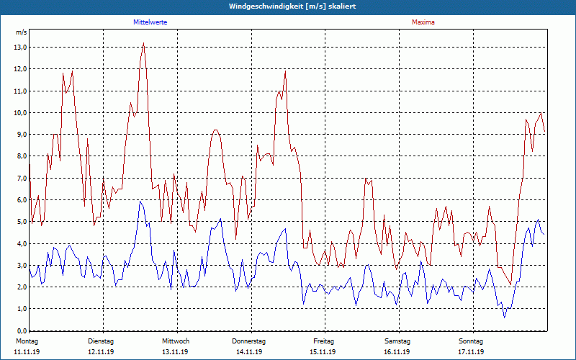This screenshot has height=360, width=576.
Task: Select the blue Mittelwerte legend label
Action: [x=150, y=22]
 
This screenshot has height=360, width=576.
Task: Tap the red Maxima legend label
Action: [x=423, y=22]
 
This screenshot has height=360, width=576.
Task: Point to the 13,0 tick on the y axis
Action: [x=21, y=48]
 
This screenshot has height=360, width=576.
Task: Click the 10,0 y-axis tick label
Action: [x=21, y=113]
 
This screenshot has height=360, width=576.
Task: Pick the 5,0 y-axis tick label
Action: [x=21, y=222]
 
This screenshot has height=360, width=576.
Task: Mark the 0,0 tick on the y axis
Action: [x=21, y=330]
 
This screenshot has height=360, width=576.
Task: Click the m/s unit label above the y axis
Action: [x=21, y=32]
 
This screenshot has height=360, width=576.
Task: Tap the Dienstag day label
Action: [x=101, y=341]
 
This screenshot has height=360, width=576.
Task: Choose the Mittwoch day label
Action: [x=176, y=341]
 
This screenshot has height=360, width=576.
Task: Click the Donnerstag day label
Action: [x=249, y=341]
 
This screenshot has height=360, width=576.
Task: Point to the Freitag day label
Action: [x=323, y=341]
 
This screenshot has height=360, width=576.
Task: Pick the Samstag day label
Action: [x=397, y=341]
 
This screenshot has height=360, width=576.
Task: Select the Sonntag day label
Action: [x=472, y=341]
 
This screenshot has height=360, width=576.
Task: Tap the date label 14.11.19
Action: [x=249, y=352]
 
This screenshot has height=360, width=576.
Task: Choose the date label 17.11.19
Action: [x=472, y=352]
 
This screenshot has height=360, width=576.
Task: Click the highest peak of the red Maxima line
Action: [x=144, y=43]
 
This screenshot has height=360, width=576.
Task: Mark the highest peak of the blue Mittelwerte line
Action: [x=141, y=201]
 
